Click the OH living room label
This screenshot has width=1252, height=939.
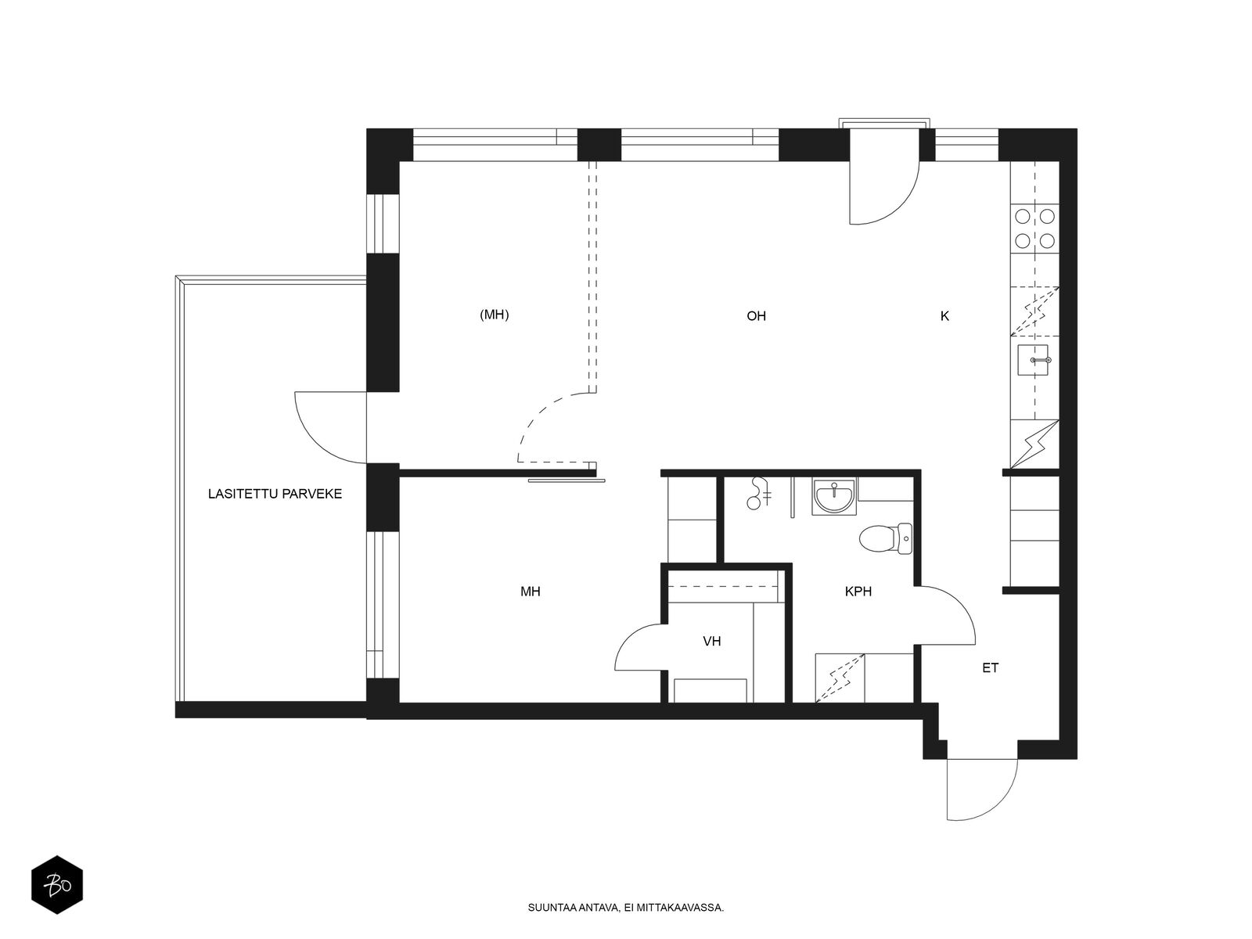click(x=756, y=316)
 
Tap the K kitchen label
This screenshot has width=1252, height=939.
click(x=944, y=316)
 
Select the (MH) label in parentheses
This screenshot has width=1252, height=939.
click(x=494, y=314)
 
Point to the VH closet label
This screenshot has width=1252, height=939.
click(x=712, y=642)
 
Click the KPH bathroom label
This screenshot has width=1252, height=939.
click(x=858, y=592)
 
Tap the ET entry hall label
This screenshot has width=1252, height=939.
click(x=990, y=667)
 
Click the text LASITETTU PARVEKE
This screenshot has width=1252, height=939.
click(x=275, y=494)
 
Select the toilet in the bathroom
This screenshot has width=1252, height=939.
click(x=886, y=539)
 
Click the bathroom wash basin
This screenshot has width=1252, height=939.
click(x=834, y=497)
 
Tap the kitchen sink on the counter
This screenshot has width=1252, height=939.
click(x=1033, y=360)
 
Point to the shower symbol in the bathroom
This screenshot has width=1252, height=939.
click(x=758, y=494)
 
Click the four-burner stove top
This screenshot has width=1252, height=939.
click(x=1034, y=228)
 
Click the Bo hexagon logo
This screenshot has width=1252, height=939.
click(x=57, y=885)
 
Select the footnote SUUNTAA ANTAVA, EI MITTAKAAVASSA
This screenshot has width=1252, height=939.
click(x=626, y=908)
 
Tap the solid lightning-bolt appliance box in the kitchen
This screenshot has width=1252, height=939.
click(x=1034, y=444)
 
